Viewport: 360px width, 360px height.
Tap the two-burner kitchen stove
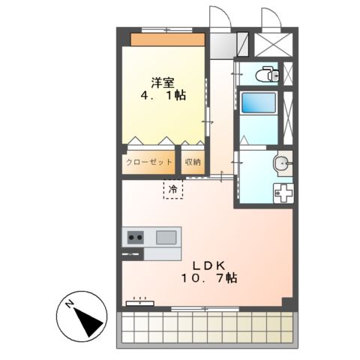point(135,238)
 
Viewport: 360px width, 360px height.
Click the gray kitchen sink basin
point(166,238)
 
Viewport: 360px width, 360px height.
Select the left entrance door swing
point(218,19)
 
